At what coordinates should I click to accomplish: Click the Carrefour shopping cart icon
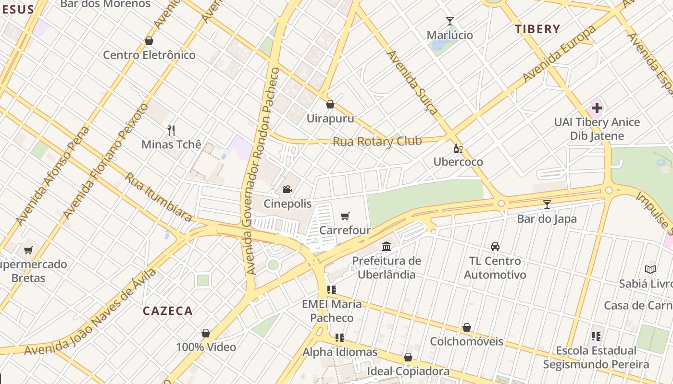[345, 216]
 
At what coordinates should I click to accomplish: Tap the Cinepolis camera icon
[287, 189]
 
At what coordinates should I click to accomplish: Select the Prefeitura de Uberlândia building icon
[386, 247]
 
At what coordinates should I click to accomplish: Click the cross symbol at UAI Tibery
[597, 108]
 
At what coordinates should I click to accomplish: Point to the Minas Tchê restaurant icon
[171, 130]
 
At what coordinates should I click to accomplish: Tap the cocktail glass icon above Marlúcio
[450, 21]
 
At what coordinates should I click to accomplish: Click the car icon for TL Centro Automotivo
[495, 247]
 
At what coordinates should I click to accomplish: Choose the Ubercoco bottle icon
[458, 148]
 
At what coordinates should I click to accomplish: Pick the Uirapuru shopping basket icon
[330, 104]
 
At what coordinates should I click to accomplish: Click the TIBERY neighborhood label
[537, 29]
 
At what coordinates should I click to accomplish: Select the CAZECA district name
[168, 311]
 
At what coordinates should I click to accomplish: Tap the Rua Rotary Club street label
[377, 142]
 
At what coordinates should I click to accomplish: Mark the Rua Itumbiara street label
[159, 197]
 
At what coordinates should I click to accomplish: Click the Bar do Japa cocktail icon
[547, 204]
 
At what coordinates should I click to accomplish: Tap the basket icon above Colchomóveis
[466, 328]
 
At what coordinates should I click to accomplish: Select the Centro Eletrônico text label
[150, 55]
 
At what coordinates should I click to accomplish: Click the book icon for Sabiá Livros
[650, 269]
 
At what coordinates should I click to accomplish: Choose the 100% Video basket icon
[206, 333]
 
